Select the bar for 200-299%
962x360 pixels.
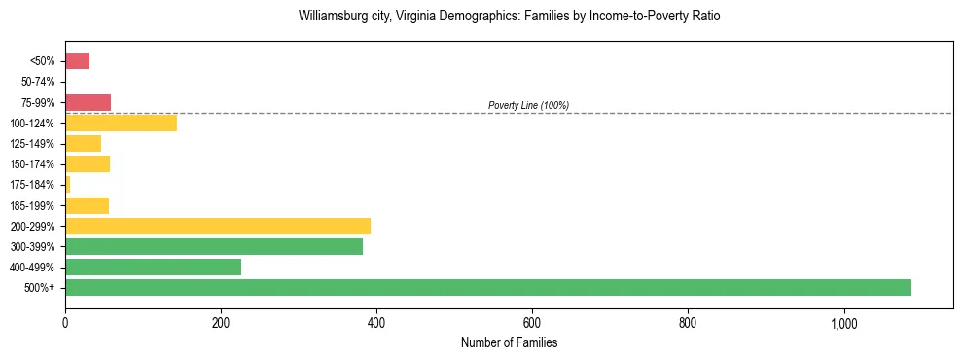coord(218,226)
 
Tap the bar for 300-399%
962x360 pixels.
coord(214,246)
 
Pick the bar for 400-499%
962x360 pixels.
coord(153,267)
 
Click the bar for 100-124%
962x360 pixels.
coord(121,123)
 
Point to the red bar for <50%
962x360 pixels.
coord(77,61)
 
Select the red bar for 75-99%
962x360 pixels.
coord(88,102)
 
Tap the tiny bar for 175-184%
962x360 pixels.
coord(67,184)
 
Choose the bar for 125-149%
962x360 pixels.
coord(83,143)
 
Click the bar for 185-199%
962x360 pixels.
coord(87,205)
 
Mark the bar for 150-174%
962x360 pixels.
coord(88,163)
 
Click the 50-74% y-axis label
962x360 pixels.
coord(38,82)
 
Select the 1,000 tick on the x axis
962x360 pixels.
coord(842,323)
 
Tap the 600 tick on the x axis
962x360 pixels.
coord(532,323)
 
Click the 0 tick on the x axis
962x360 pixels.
coord(65,323)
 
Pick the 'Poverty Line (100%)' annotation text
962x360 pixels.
coord(528,105)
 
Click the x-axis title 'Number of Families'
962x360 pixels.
coord(509,342)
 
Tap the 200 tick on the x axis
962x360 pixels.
coord(221,323)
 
